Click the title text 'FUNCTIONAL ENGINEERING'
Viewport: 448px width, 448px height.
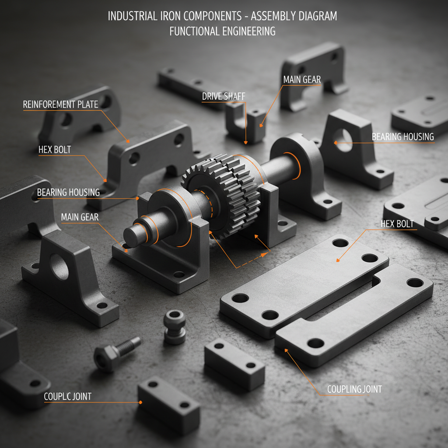(222, 31)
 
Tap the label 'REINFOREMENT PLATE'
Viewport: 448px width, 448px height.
(61, 104)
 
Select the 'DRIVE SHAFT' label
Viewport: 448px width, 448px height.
(224, 96)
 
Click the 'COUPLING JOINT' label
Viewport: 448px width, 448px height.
(354, 389)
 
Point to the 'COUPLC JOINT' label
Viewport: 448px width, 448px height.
(68, 396)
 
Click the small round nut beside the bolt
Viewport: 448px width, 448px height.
(174, 326)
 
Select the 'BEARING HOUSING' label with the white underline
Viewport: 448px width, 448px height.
(402, 136)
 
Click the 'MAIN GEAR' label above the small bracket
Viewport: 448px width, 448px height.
(302, 80)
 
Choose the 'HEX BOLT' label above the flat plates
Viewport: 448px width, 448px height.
(397, 224)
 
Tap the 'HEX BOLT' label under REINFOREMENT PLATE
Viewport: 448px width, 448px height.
(55, 150)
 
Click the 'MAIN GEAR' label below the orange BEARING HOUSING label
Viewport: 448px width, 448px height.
(80, 217)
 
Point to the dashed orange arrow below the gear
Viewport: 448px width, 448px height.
(252, 260)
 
